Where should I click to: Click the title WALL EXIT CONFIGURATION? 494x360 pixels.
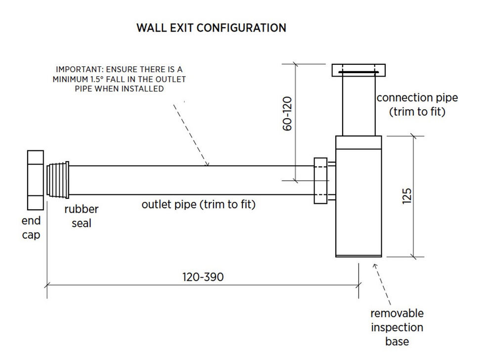tap(212, 28)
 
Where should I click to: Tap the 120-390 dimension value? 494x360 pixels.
tap(203, 277)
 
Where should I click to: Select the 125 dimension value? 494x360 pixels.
tap(407, 196)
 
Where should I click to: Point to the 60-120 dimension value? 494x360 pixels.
tap(287, 113)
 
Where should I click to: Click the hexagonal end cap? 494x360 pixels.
tap(35, 180)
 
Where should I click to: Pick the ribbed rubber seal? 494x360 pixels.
tap(58, 180)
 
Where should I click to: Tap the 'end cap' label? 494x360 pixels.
tap(31, 227)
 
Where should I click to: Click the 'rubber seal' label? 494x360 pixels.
tap(81, 216)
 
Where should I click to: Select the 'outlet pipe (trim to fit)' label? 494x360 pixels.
tap(198, 204)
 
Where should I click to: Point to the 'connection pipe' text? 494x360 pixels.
tap(417, 97)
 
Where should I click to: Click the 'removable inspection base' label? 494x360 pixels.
tap(397, 327)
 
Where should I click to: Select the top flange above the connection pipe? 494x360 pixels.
tap(359, 70)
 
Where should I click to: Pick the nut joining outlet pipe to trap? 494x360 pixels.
tap(320, 181)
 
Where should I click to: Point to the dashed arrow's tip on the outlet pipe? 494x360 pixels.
tap(208, 165)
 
